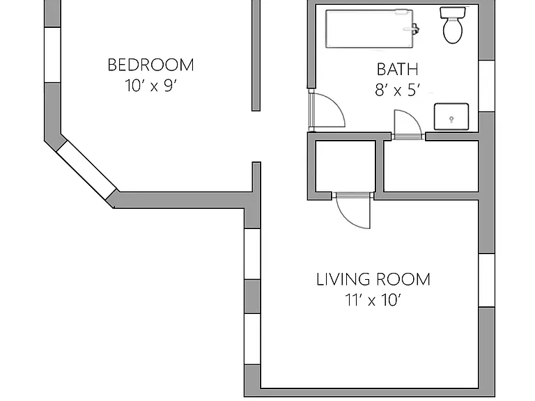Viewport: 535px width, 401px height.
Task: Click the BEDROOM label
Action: (150, 65)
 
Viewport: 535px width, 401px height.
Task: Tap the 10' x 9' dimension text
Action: (150, 86)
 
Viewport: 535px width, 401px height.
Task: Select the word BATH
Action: (398, 70)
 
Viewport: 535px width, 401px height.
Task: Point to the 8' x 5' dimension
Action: (398, 90)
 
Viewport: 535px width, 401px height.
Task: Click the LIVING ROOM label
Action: (373, 279)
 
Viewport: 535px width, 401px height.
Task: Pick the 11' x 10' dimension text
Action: (373, 300)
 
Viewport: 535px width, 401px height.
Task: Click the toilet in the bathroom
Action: (453, 25)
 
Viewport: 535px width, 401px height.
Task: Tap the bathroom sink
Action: (451, 117)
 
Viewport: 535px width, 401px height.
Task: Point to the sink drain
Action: (451, 119)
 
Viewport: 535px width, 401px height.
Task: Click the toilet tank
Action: (453, 13)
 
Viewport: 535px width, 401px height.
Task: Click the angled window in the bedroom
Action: (86, 169)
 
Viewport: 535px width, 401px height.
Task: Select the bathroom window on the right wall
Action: (487, 86)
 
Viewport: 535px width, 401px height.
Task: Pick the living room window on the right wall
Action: (487, 281)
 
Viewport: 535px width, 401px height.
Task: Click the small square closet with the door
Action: (346, 166)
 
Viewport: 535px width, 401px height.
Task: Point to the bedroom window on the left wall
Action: (52, 54)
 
